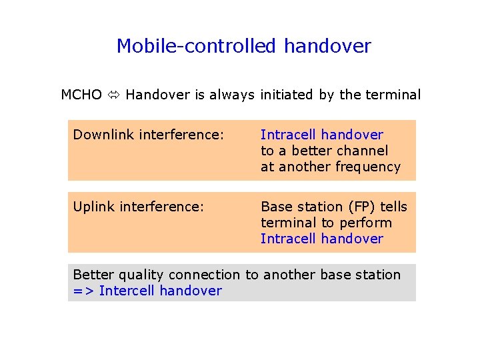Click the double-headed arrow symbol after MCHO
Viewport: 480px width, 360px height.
point(113,95)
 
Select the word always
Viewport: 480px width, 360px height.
point(233,95)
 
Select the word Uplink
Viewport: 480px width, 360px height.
point(93,207)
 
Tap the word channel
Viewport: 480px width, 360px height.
point(363,151)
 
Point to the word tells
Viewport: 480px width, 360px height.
point(393,207)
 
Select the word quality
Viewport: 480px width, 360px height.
point(143,275)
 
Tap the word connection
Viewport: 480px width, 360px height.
point(205,275)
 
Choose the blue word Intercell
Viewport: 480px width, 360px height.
point(127,291)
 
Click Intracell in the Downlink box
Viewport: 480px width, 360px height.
point(286,135)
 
